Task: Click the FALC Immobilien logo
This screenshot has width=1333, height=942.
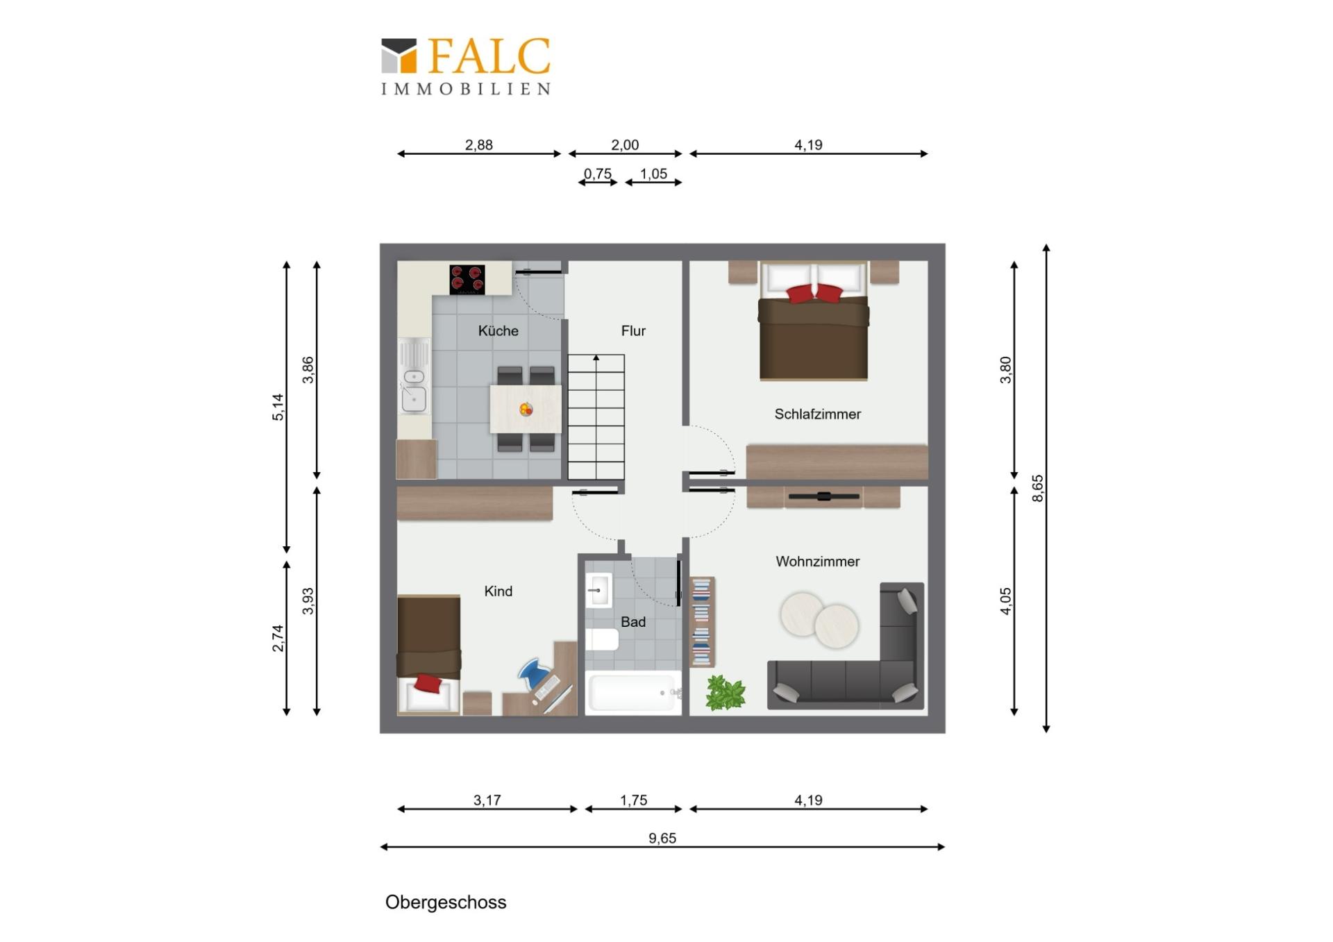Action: pyautogui.click(x=466, y=66)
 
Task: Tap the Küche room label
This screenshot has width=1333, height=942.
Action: pyautogui.click(x=498, y=330)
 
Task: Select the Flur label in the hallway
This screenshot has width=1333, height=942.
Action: pyautogui.click(x=633, y=331)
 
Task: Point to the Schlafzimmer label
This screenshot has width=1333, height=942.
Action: pyautogui.click(x=817, y=414)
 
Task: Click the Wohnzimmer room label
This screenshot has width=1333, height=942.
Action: pyautogui.click(x=817, y=562)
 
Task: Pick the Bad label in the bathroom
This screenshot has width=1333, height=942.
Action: pyautogui.click(x=633, y=622)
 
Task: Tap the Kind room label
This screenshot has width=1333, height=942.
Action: pyautogui.click(x=498, y=591)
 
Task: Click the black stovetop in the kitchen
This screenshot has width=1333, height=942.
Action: pyautogui.click(x=467, y=279)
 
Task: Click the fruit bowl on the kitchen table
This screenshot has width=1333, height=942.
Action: pyautogui.click(x=526, y=410)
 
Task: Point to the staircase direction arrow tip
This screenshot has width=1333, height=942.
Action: pyautogui.click(x=596, y=356)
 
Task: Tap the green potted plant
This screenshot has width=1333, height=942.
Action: pyautogui.click(x=726, y=692)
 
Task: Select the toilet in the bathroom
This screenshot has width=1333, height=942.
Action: pyautogui.click(x=601, y=639)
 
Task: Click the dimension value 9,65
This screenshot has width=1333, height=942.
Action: pyautogui.click(x=662, y=838)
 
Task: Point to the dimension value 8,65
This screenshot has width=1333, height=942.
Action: pyautogui.click(x=1037, y=488)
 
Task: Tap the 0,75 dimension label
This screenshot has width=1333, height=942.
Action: pyautogui.click(x=597, y=174)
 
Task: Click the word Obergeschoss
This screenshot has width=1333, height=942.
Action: pyautogui.click(x=446, y=902)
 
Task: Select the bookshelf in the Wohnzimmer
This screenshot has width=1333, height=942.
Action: pyautogui.click(x=702, y=622)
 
